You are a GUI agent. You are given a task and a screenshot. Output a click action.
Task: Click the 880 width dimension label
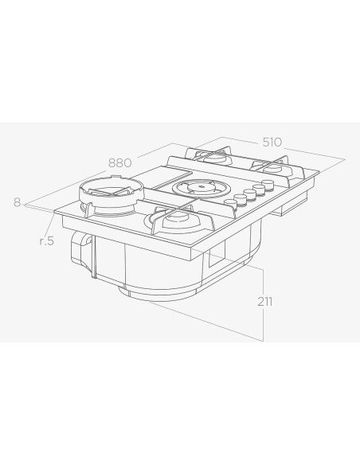[x=119, y=162]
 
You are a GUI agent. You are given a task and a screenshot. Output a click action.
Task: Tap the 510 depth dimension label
[x=272, y=143]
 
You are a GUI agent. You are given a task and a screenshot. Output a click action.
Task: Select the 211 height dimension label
[x=264, y=302]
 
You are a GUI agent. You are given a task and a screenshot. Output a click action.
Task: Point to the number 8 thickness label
[x=18, y=202]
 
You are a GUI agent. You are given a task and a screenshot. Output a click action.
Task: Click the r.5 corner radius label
[x=47, y=241]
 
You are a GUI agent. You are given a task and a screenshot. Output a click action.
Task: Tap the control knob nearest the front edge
[x=230, y=203]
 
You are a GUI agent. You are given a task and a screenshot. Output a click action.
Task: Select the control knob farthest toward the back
[x=268, y=185]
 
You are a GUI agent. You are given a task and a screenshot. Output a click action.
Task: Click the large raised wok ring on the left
[x=112, y=190]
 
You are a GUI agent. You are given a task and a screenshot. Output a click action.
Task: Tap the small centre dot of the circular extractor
[x=201, y=187]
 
